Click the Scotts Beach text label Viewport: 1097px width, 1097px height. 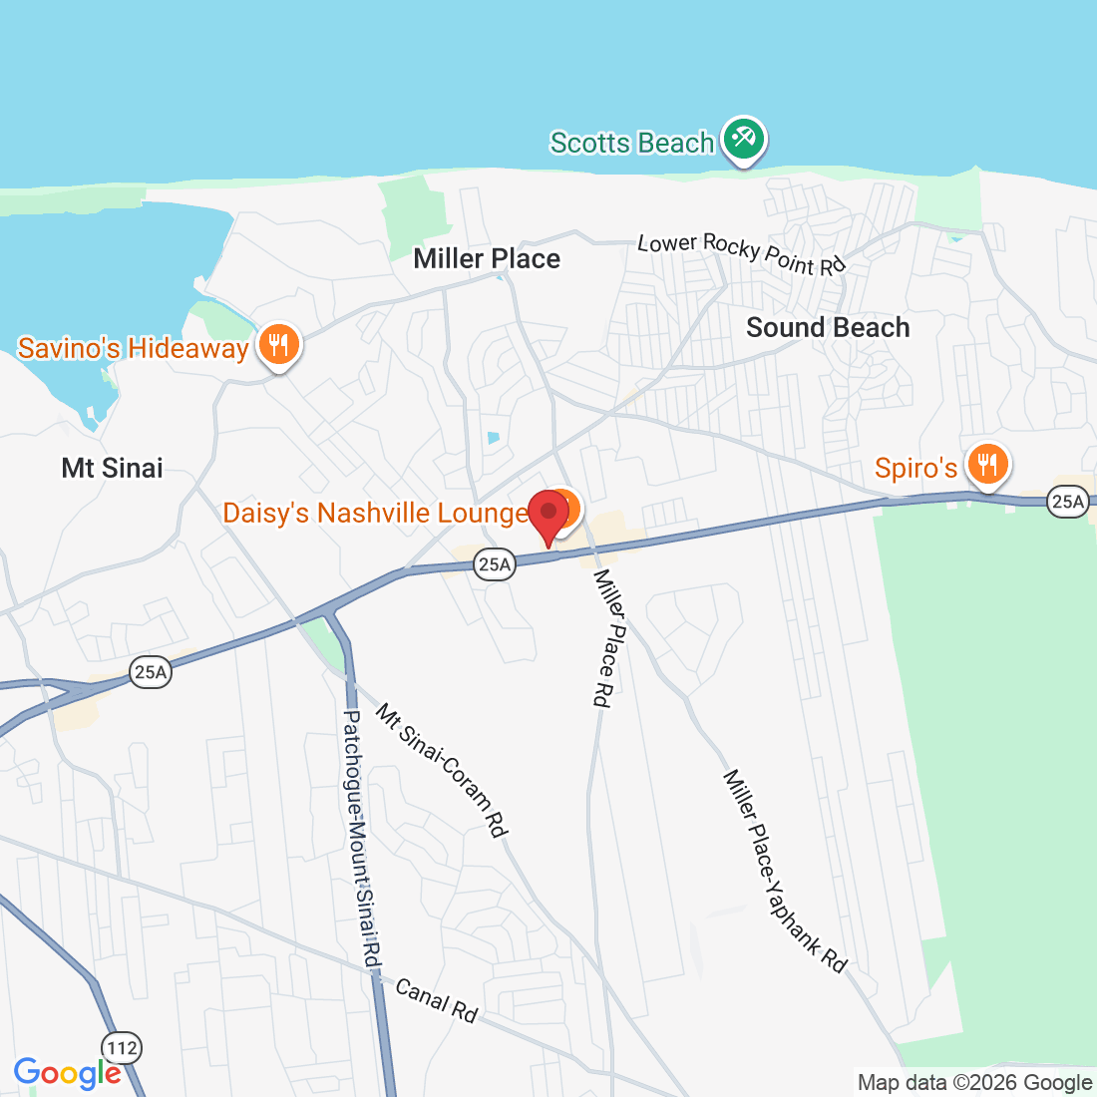[632, 143]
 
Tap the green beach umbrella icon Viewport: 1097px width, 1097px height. [743, 140]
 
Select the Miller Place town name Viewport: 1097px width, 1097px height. [487, 259]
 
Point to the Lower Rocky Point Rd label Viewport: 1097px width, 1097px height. [741, 253]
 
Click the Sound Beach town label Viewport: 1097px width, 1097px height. [828, 327]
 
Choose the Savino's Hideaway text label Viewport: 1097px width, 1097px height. [133, 348]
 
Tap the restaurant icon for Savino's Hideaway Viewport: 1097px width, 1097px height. [278, 345]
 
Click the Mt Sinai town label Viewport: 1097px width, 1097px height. [112, 468]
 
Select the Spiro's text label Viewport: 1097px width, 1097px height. [915, 468]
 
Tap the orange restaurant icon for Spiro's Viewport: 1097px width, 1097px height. [986, 465]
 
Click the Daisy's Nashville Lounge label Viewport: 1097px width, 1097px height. [375, 513]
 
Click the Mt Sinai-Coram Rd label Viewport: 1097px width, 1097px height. [442, 769]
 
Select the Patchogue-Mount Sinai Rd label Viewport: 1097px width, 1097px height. [362, 838]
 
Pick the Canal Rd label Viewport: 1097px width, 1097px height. [437, 1000]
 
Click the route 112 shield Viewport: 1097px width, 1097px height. [121, 1048]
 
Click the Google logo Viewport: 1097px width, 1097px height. [67, 1072]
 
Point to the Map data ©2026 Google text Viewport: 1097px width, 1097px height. [974, 1082]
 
